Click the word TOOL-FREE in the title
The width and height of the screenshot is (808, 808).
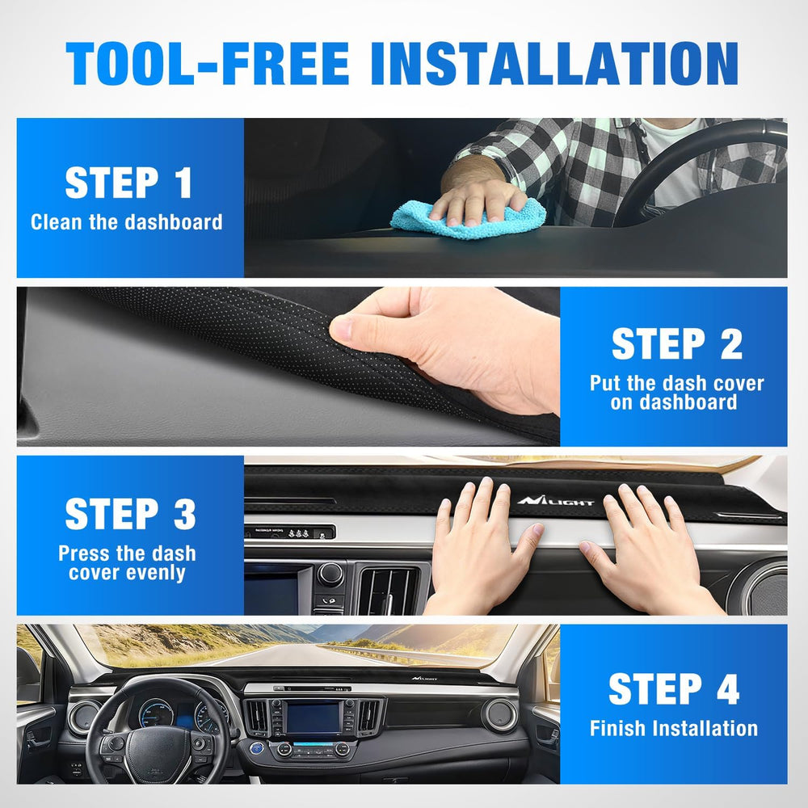click(208, 63)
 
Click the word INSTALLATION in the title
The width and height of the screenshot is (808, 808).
click(554, 63)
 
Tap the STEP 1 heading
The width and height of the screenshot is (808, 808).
click(128, 183)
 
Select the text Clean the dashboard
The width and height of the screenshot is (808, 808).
click(127, 222)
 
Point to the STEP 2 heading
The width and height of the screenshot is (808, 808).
click(676, 343)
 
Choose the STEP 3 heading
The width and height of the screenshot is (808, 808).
click(130, 514)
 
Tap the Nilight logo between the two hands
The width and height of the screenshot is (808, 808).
click(556, 500)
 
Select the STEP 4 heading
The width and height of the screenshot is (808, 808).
click(674, 689)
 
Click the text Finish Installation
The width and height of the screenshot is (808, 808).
click(674, 728)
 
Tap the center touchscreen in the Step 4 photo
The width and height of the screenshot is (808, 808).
click(314, 718)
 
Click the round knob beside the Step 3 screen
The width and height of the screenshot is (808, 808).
click(330, 574)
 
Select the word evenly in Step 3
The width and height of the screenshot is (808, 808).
click(154, 573)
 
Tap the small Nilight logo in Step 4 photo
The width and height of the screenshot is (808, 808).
click(424, 678)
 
